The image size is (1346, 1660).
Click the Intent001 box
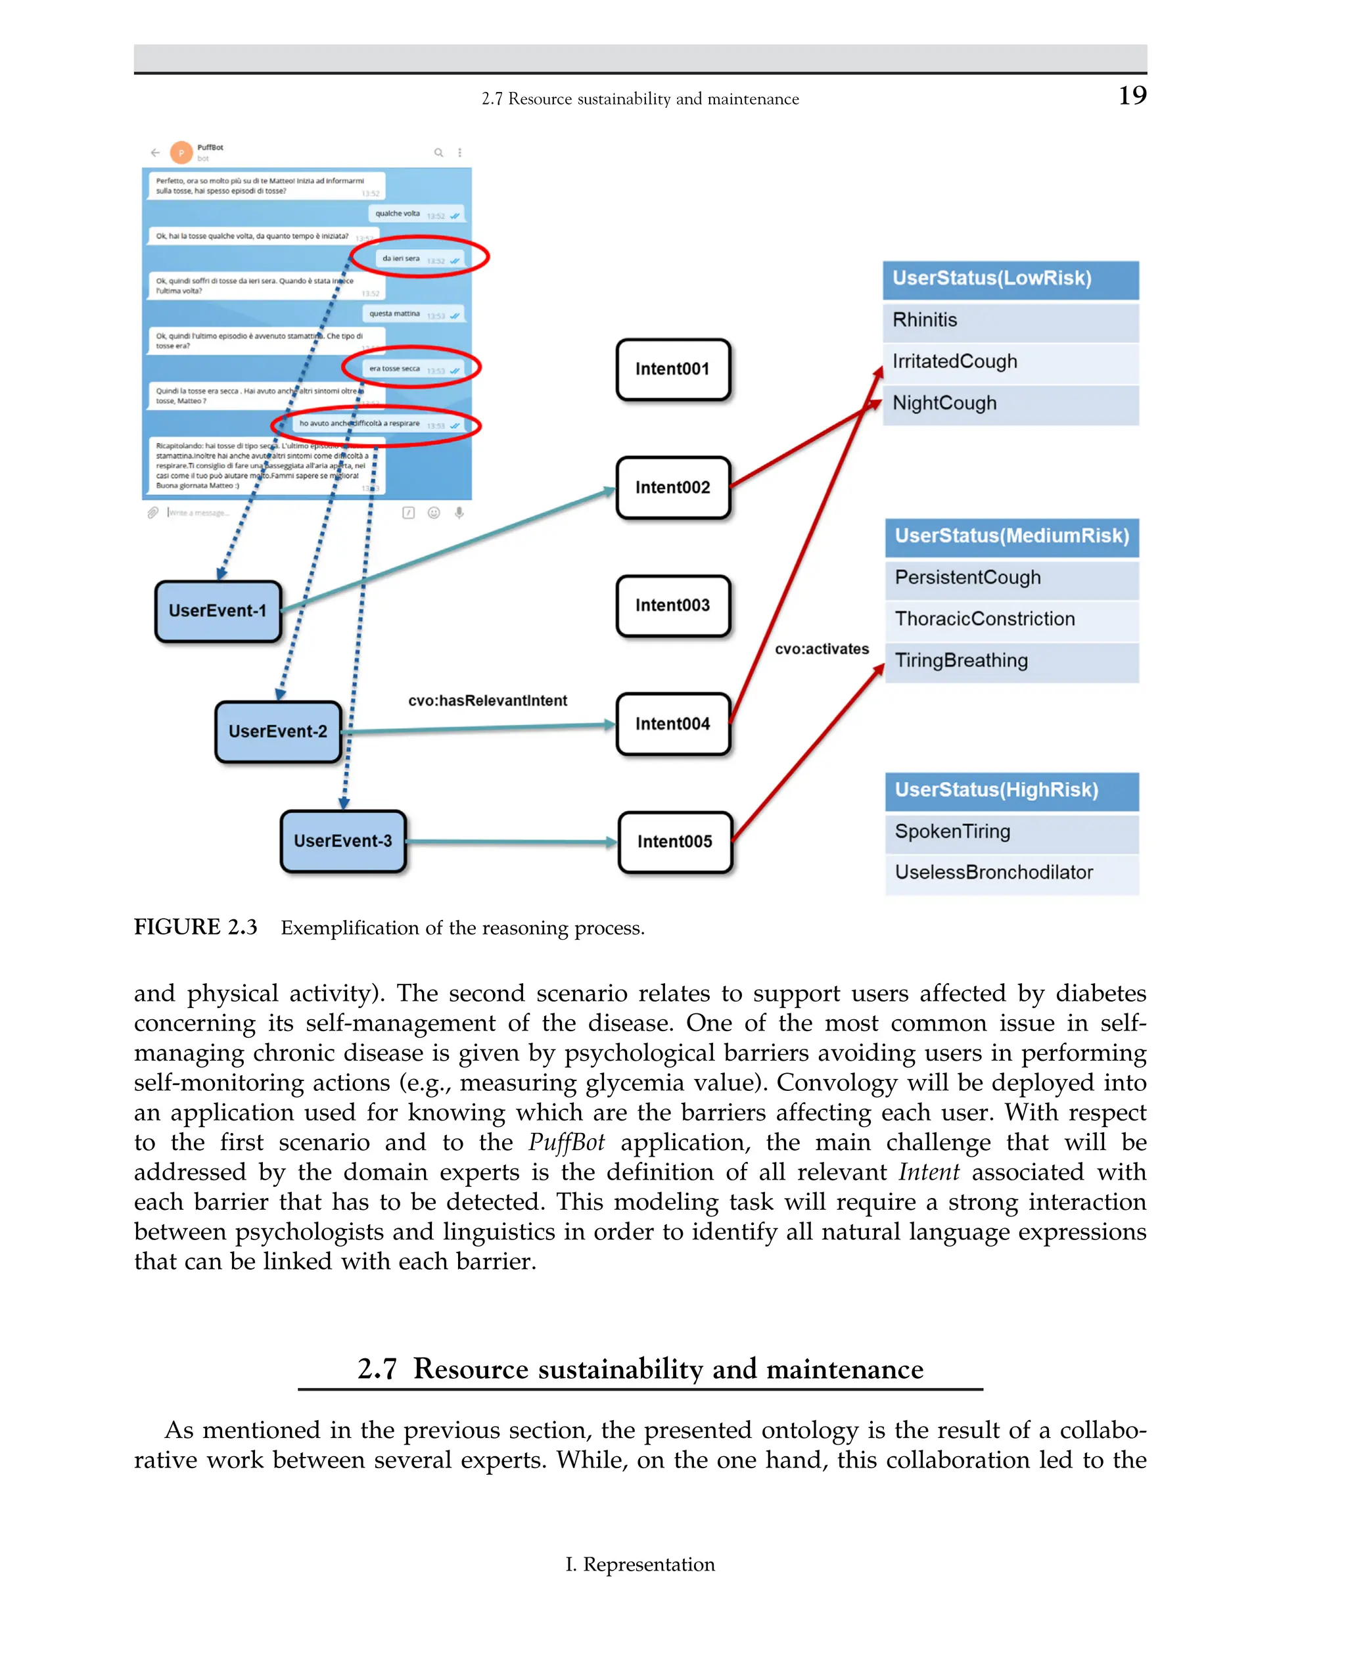673,369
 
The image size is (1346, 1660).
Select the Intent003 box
673,605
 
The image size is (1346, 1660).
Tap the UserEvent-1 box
218,611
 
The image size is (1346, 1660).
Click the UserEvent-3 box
342,841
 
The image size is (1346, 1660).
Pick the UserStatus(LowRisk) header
1009,279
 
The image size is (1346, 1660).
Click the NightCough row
1009,403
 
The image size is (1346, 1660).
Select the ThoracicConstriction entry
1011,618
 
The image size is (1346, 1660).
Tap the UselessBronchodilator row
1011,872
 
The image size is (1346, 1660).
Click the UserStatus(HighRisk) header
1011,790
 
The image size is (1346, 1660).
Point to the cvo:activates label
822,649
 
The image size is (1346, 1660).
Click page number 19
1132,95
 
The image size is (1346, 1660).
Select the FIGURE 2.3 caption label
195,927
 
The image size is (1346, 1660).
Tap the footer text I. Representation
639,1565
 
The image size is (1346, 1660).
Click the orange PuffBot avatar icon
181,152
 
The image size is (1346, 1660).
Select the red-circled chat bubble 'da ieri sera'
419,258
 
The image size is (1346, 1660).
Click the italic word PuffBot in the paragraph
566,1143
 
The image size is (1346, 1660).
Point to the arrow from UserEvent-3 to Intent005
512,842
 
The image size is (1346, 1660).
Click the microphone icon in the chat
459,513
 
